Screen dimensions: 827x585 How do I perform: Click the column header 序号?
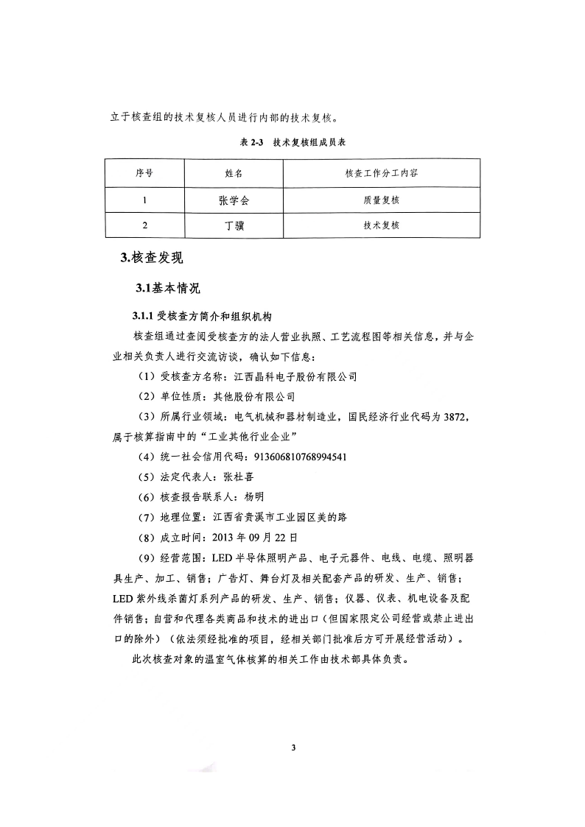[144, 174]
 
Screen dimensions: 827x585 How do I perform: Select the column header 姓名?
[234, 174]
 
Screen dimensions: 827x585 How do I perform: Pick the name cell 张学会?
[234, 200]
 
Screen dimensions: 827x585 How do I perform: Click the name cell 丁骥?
[234, 225]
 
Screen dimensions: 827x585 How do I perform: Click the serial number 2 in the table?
[144, 225]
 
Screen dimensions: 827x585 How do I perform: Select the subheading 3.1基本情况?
[167, 287]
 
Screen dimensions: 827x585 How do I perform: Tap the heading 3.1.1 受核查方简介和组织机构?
[203, 317]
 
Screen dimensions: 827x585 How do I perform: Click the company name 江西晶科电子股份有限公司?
[295, 376]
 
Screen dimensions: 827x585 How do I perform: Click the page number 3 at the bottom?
[293, 748]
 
